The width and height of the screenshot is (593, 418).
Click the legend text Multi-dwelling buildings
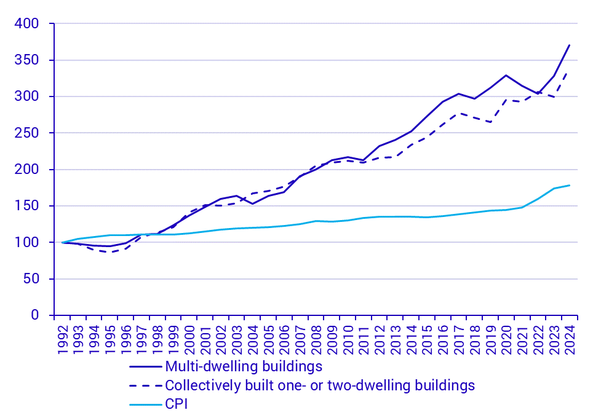(244, 367)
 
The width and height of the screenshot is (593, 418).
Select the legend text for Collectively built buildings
(320, 385)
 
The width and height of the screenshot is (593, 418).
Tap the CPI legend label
(176, 404)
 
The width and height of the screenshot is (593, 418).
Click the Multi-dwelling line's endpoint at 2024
(569, 45)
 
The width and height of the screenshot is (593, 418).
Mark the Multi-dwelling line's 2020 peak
(506, 75)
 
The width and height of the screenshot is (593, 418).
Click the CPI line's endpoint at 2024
(569, 185)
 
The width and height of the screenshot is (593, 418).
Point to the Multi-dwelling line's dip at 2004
(252, 203)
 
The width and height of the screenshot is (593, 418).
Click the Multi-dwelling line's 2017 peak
(458, 93)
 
